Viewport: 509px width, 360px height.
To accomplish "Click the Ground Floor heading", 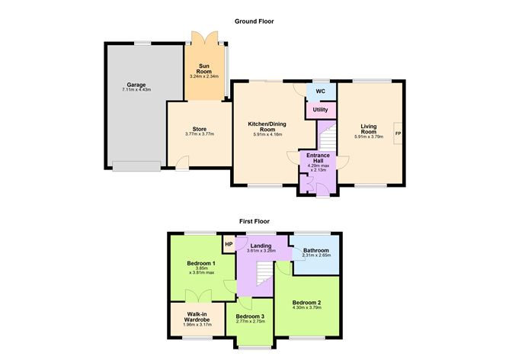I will tap(254, 21).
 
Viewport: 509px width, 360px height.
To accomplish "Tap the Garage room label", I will tap(136, 85).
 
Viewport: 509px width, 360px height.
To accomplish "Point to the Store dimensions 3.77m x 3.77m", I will tap(200, 134).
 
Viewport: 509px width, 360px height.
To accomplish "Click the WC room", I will tap(321, 92).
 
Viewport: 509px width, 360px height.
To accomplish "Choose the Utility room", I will tap(320, 111).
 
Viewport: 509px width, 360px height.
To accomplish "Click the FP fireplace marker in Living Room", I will tap(397, 134).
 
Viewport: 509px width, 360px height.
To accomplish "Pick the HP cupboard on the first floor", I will tap(228, 244).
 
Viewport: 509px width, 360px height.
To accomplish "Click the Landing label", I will tap(261, 245).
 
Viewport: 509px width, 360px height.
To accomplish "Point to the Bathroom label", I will tap(315, 249).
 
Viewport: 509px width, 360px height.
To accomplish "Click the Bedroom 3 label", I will tap(250, 316).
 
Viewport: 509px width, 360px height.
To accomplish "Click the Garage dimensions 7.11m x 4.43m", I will tap(136, 90).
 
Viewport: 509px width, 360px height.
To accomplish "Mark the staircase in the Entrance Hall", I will tap(327, 138).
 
